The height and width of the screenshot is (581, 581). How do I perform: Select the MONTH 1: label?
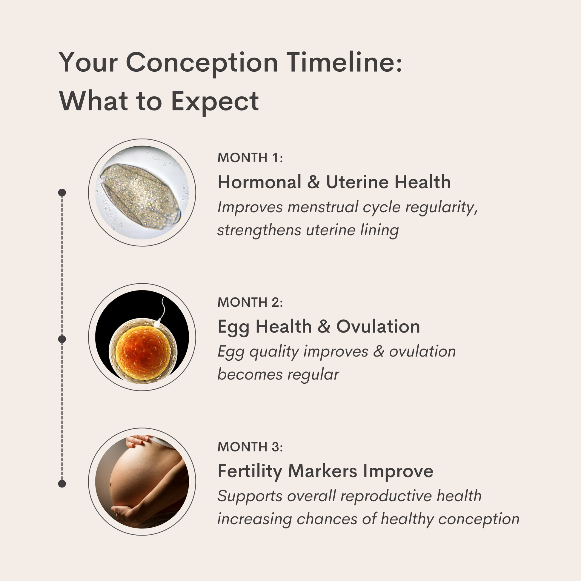click(250, 158)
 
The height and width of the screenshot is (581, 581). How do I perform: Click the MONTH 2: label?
click(250, 302)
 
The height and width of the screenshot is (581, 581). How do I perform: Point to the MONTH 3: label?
click(250, 447)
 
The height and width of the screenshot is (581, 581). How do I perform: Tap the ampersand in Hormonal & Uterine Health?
click(314, 182)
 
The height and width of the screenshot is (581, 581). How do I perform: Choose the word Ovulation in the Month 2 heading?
click(378, 327)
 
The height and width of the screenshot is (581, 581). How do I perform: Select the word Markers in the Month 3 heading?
click(323, 471)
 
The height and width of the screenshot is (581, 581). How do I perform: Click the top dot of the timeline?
click(62, 193)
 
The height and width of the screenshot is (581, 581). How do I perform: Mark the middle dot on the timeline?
click(62, 339)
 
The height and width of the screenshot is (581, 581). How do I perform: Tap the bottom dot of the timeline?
click(62, 484)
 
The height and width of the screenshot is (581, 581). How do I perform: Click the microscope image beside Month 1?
click(142, 193)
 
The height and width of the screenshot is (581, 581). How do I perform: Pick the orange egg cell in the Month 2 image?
click(143, 351)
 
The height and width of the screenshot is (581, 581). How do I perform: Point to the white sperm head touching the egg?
click(157, 324)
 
